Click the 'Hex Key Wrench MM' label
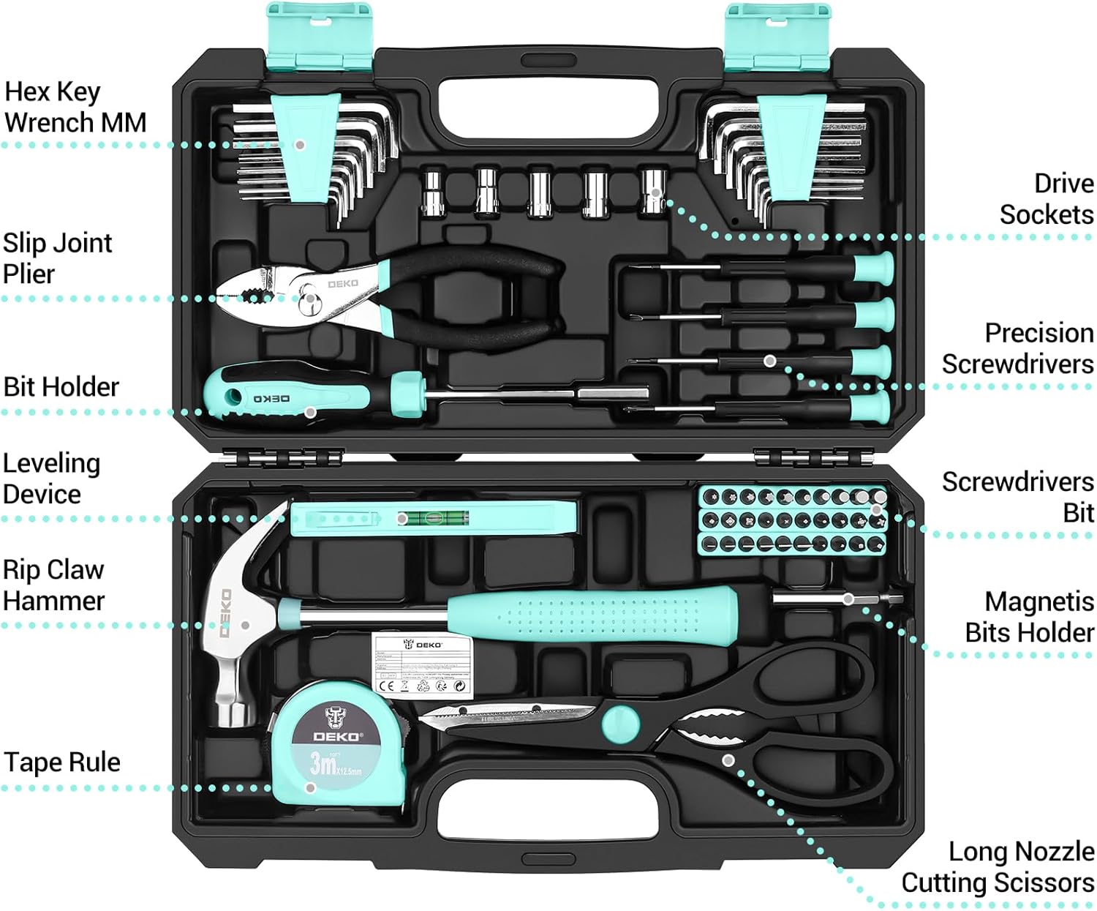[75, 107]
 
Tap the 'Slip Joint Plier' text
[57, 258]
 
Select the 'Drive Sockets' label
[1047, 199]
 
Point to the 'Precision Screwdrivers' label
[1018, 348]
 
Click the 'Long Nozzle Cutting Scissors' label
[998, 867]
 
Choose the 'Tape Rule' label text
[62, 762]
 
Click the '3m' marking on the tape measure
[323, 764]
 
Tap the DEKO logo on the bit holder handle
[271, 399]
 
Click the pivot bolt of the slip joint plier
[310, 299]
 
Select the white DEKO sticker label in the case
[421, 664]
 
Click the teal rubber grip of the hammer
[592, 612]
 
